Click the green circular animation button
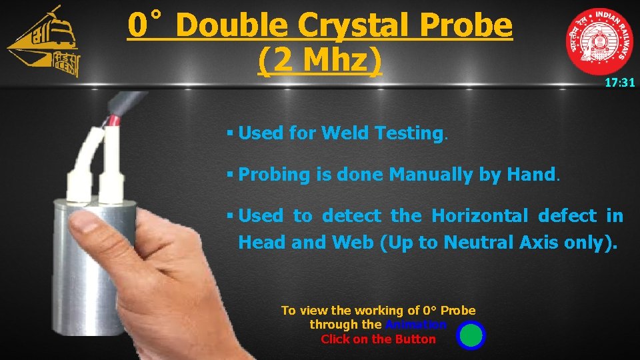[471, 335]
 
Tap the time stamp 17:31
[619, 83]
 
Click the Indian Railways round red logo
[599, 41]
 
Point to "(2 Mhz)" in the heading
[319, 61]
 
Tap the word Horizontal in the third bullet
[480, 216]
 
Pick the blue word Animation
[415, 325]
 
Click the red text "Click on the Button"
[378, 339]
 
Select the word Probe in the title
[473, 25]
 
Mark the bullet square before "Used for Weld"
[229, 133]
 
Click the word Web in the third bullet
[353, 242]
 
